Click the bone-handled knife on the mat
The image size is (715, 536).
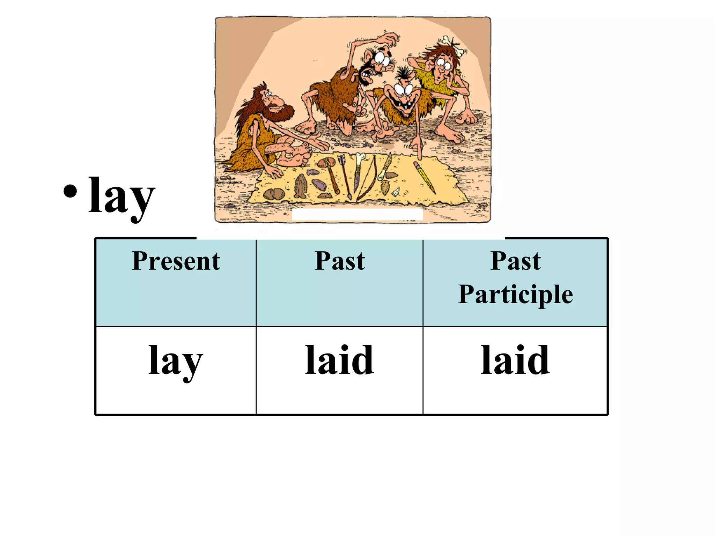[358, 171]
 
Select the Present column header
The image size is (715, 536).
[176, 261]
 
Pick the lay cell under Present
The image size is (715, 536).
[176, 361]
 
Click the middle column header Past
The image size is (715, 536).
[339, 261]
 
